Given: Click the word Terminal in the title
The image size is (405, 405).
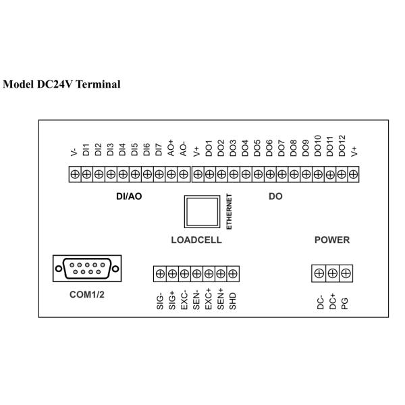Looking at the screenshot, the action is [x=98, y=84].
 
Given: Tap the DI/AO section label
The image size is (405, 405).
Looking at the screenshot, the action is [x=129, y=196].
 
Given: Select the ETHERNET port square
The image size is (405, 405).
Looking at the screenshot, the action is [x=202, y=212].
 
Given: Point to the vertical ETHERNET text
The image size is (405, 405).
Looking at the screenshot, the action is [x=229, y=212].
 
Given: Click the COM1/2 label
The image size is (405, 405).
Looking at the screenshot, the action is [x=87, y=294].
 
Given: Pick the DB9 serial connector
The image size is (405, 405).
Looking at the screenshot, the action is [x=87, y=269].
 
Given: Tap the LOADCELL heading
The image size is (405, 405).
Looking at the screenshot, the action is [x=196, y=240].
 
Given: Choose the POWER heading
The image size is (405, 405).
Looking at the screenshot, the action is [x=332, y=240].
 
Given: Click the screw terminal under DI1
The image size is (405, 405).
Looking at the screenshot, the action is [x=86, y=174].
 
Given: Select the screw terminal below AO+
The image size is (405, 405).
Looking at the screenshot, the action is [x=171, y=174].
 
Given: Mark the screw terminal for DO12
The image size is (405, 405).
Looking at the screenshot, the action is [x=342, y=174].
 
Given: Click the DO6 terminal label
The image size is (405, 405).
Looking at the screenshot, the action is [x=269, y=148].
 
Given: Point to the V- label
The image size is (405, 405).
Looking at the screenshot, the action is [x=74, y=152].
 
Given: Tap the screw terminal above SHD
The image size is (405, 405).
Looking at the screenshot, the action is [x=233, y=273].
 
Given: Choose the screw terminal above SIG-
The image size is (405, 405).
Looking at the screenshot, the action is [x=160, y=273].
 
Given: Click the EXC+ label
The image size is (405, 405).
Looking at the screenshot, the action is [x=209, y=299].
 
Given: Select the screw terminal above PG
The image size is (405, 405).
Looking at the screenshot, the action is [x=346, y=273].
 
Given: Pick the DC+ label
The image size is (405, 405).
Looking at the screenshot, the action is [x=332, y=302].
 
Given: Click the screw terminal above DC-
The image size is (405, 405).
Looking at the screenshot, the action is [x=319, y=273].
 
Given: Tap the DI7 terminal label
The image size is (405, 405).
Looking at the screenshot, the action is [x=159, y=150].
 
